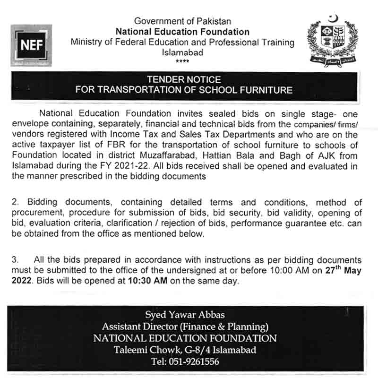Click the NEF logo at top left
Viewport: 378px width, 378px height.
(31, 45)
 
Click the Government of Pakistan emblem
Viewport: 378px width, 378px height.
(333, 43)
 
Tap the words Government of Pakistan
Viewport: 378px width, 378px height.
(182, 21)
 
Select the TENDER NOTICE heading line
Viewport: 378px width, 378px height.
(184, 80)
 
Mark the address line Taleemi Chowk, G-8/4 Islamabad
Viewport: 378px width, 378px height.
(185, 350)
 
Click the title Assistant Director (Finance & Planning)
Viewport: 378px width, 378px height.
(185, 326)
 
